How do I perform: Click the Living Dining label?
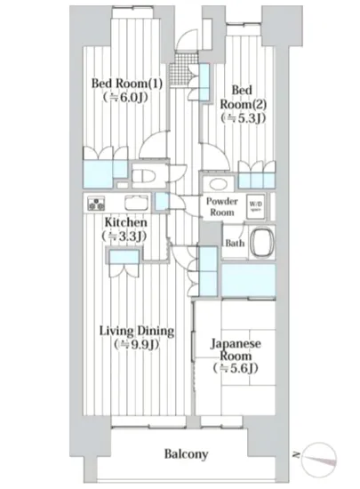[x=135, y=332]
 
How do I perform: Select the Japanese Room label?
[x=236, y=348]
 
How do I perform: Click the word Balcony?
[x=186, y=454]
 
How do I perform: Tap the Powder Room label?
[x=222, y=207]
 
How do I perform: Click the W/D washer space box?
[x=256, y=204]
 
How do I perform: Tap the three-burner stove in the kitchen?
[x=96, y=203]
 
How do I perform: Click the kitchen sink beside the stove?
[x=134, y=202]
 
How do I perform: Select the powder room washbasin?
[x=212, y=176]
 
